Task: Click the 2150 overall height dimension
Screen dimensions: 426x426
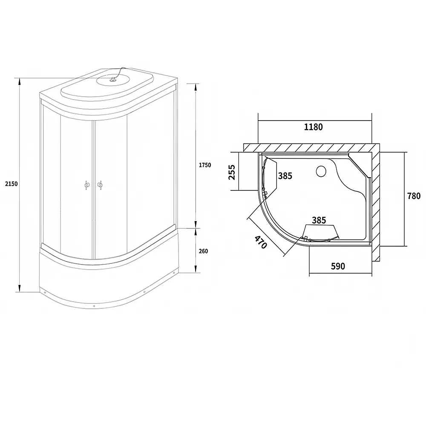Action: point(12,184)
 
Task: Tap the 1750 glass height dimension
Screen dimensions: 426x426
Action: point(205,165)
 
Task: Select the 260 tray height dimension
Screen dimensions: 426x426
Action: point(203,251)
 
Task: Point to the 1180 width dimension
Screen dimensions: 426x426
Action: point(313,127)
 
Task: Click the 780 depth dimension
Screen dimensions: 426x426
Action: point(414,196)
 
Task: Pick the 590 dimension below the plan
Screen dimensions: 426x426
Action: point(338,266)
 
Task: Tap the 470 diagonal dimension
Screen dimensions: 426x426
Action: point(261,242)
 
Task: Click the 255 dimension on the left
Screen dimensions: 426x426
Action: point(232,172)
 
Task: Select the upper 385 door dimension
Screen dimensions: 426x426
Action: point(285,176)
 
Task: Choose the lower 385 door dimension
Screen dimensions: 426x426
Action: point(319,220)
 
